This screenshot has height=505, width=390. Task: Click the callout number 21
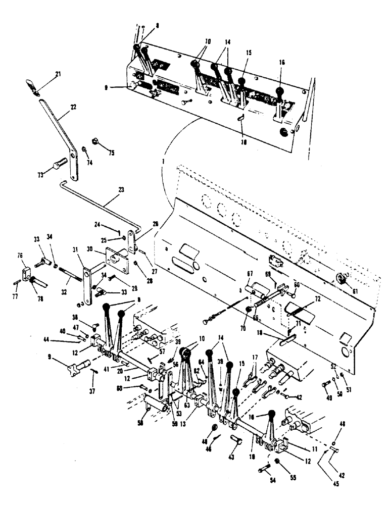[x=58, y=75]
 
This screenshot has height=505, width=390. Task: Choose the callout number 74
[x=90, y=163]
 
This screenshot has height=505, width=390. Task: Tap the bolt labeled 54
[x=264, y=470]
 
